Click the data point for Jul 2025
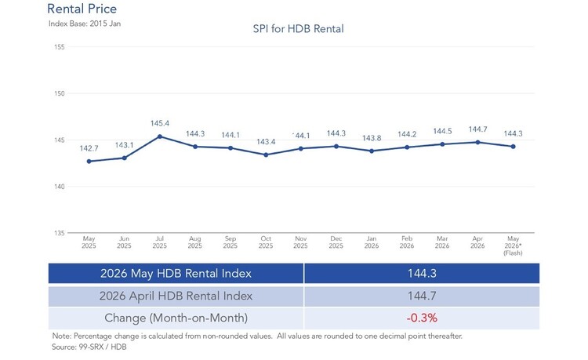click(160, 136)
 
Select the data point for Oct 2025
click(266, 155)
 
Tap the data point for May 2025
click(89, 162)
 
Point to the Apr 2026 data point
click(477, 143)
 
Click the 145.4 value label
click(160, 123)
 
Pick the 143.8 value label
click(372, 138)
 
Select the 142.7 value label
click(89, 148)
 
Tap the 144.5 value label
click(442, 131)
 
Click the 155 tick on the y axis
click(60, 47)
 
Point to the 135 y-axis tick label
click(60, 233)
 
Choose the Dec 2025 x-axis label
click(336, 242)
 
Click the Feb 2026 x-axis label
click(407, 242)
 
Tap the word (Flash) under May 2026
click(513, 253)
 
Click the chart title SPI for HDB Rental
click(298, 29)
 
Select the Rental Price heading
click(82, 9)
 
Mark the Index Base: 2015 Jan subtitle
click(85, 24)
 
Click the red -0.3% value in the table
click(422, 318)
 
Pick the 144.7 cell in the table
click(422, 296)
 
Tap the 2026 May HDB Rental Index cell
click(176, 274)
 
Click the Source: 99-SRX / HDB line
click(89, 347)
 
